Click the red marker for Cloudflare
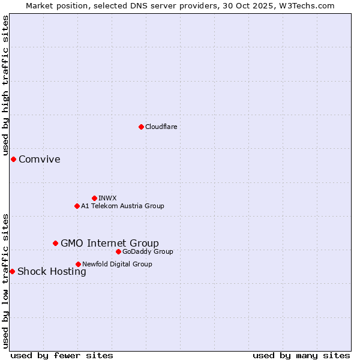tap(141, 127)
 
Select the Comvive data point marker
tap(13, 159)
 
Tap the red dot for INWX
tap(94, 198)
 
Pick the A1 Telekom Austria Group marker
tap(77, 206)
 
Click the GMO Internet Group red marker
tap(55, 243)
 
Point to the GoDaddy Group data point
tap(118, 251)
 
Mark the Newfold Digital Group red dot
tap(78, 264)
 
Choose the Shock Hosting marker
tap(12, 271)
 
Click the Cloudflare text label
tap(161, 127)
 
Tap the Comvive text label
tap(40, 159)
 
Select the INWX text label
tap(107, 198)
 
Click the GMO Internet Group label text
tap(110, 243)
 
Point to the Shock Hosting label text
tap(52, 271)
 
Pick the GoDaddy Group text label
tap(148, 251)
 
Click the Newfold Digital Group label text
tap(117, 264)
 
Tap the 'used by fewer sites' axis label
tap(62, 355)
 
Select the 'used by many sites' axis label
tap(301, 355)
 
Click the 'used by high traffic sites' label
tap(5, 85)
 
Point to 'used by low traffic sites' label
tap(5, 280)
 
